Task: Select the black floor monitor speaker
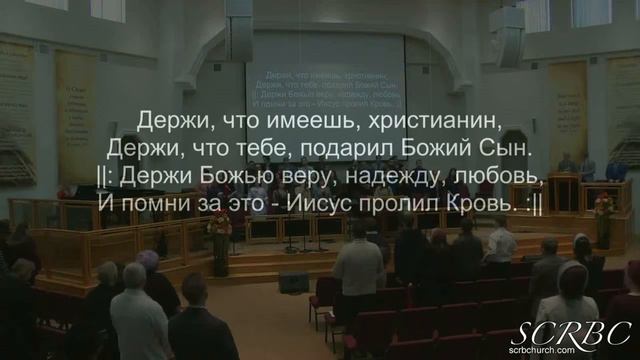pos(293,282)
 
